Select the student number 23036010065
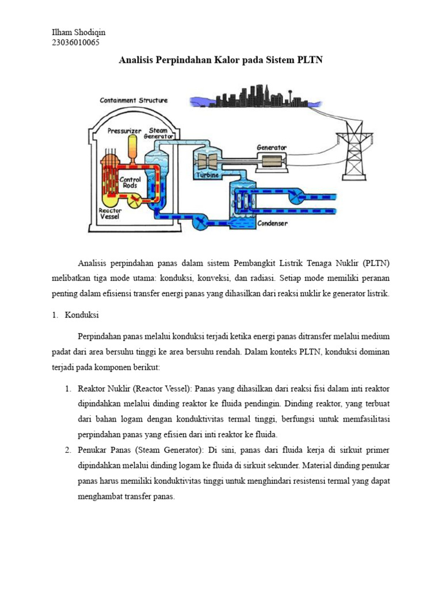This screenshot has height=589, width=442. pyautogui.click(x=76, y=42)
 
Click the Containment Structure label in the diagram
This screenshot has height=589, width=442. pyautogui.click(x=134, y=100)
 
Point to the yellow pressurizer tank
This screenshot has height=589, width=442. pyautogui.click(x=133, y=148)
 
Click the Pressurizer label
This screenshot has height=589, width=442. pyautogui.click(x=124, y=131)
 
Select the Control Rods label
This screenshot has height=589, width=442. pyautogui.click(x=130, y=183)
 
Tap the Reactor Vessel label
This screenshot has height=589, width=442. pyautogui.click(x=110, y=215)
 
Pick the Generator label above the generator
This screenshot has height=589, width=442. pyautogui.click(x=271, y=147)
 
